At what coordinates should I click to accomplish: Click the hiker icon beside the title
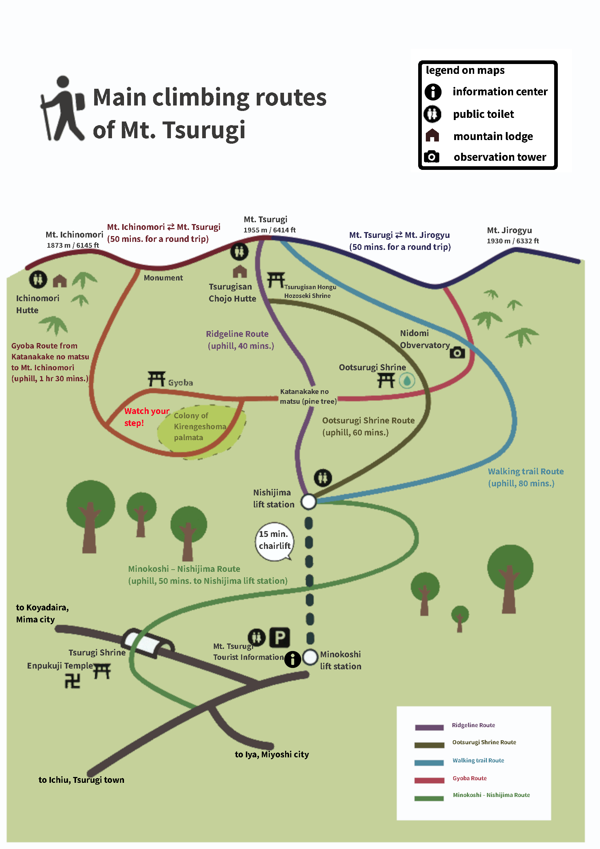point(62,108)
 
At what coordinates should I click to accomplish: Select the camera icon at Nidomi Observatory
point(457,352)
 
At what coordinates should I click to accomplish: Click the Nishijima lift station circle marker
point(308,502)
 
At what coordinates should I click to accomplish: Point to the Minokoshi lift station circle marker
point(310,657)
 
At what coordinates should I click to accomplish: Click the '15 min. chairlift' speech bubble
point(274,541)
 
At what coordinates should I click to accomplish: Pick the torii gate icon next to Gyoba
point(156,379)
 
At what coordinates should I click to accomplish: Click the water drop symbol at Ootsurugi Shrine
point(407,380)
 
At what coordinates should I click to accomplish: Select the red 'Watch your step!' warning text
point(147,417)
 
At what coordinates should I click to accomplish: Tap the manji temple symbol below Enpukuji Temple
point(72,681)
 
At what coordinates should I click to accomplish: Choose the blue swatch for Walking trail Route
point(429,762)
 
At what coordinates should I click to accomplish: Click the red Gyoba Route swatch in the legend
point(429,780)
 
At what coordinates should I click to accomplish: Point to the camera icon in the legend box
point(431,157)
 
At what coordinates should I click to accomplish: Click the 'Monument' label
point(163,278)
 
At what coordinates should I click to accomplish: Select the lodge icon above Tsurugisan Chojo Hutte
point(240,271)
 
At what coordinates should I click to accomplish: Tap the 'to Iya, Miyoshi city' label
point(272,754)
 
